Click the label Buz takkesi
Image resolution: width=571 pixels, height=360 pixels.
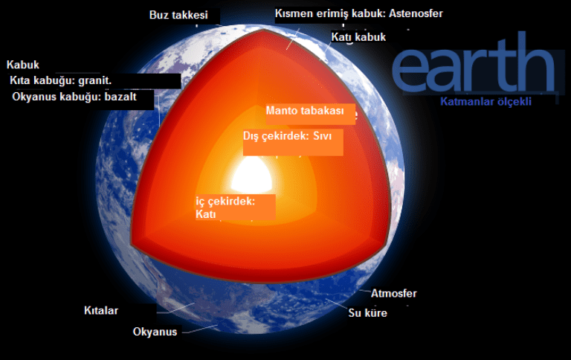[x=178, y=15]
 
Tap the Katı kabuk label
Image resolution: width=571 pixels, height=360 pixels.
[x=358, y=37]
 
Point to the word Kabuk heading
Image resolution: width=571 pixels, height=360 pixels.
[x=23, y=65]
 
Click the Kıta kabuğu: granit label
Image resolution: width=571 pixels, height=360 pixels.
[x=60, y=80]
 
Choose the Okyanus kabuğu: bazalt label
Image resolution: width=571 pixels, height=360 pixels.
[x=74, y=97]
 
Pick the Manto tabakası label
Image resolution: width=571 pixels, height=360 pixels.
[x=305, y=111]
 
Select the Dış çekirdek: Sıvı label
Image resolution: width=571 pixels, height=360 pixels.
[x=287, y=136]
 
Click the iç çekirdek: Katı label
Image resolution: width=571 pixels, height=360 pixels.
[x=225, y=208]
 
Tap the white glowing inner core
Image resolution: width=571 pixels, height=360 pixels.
[x=252, y=176]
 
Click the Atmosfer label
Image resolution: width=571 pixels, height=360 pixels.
[x=393, y=293]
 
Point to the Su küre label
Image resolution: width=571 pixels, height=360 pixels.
[x=368, y=313]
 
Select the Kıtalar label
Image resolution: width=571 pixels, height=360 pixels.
[x=101, y=310]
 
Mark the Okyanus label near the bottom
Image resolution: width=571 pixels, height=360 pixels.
[x=155, y=332]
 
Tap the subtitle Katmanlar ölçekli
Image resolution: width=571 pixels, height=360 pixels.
[x=485, y=102]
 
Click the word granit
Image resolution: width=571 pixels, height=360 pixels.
[x=95, y=80]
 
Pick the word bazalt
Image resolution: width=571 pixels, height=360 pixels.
[x=120, y=97]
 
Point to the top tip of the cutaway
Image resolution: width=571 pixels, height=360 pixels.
[x=263, y=30]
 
